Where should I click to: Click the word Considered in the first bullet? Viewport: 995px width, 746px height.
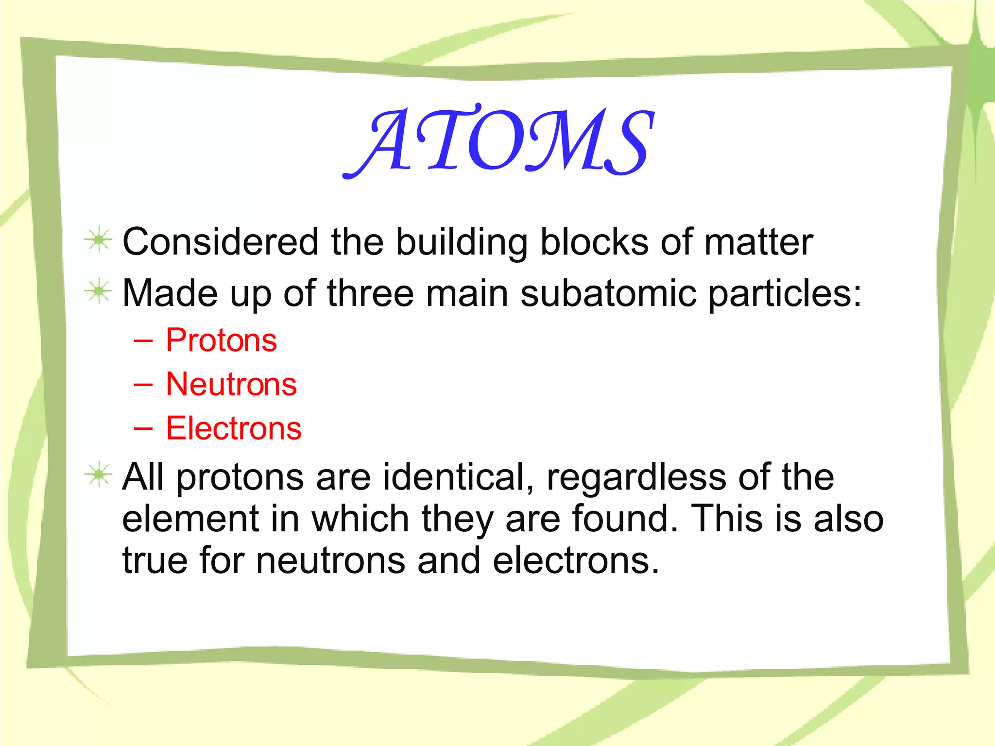(220, 241)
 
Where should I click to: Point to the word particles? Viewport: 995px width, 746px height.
(785, 294)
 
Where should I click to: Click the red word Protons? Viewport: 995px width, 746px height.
(221, 340)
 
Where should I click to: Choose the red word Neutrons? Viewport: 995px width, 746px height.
(231, 384)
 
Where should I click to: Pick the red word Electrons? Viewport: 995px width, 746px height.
(234, 428)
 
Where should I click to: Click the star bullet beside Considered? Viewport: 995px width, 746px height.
(99, 239)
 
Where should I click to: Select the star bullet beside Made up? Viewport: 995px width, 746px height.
(99, 291)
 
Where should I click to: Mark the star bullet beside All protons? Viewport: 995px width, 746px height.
(99, 475)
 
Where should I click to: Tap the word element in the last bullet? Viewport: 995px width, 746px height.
(190, 519)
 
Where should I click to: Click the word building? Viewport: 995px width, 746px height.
(462, 242)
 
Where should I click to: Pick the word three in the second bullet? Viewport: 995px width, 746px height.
(370, 293)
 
